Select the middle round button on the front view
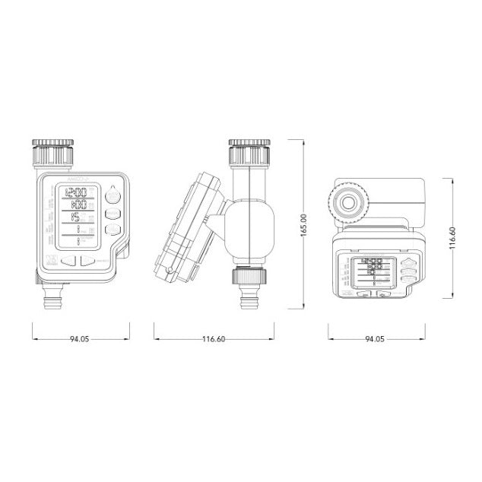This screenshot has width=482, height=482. click(113, 214)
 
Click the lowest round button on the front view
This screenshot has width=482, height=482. click(113, 231)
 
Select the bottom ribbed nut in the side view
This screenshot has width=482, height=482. click(249, 276)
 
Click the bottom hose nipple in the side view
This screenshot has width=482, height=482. click(249, 298)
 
